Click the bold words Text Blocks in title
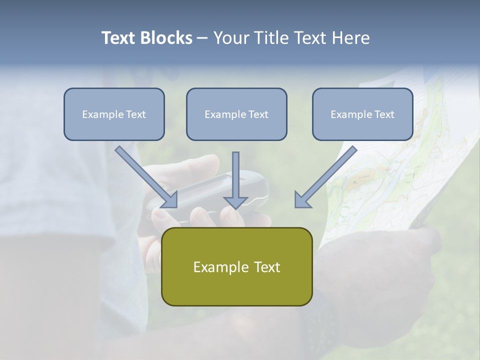point(146,38)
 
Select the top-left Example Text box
point(114,114)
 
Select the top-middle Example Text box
point(236,114)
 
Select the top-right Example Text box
point(362,114)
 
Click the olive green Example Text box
point(236,266)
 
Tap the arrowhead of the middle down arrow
point(235,202)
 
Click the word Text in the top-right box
point(383,114)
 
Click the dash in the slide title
point(202,38)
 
